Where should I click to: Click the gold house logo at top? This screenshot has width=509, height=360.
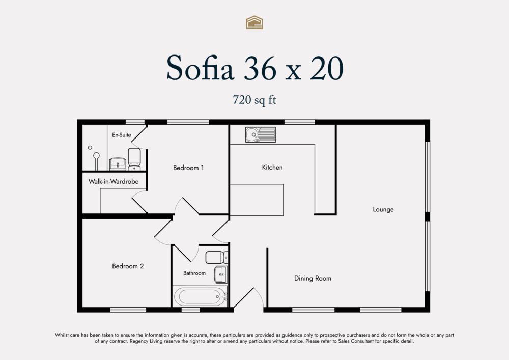254,22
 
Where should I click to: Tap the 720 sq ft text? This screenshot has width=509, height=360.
254,100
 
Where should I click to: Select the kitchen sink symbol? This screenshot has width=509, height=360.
260,134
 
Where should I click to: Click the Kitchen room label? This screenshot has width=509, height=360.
272,168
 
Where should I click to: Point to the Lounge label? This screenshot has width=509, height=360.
383,209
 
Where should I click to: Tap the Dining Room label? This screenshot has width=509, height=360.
313,279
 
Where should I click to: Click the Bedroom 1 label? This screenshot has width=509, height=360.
188,168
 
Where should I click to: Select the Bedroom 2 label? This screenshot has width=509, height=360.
128,266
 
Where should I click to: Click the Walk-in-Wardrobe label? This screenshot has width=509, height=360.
114,181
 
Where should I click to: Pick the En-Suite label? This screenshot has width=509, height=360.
122,135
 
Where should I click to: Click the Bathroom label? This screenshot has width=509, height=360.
194,273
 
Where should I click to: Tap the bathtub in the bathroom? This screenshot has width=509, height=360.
200,295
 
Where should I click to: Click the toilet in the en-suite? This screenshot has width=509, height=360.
134,158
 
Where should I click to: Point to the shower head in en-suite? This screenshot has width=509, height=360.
90,148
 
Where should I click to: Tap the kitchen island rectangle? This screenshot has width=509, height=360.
257,200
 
